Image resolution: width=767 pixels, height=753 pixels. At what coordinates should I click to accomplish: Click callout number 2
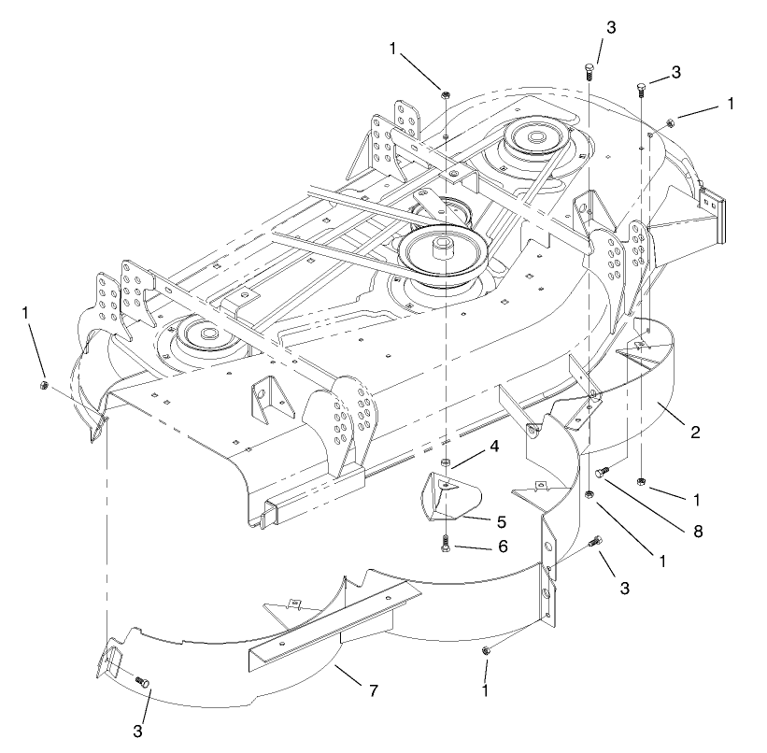tap(695, 432)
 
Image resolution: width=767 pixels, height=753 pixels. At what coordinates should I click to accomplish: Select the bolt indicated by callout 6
tap(446, 542)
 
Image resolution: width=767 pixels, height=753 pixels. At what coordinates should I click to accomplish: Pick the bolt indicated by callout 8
tap(604, 472)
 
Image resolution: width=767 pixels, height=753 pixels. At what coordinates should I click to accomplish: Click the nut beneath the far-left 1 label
tap(44, 385)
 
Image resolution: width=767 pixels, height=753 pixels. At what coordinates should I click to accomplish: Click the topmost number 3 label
tap(611, 29)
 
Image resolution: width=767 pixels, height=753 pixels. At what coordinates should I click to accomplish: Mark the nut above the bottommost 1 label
tap(486, 650)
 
